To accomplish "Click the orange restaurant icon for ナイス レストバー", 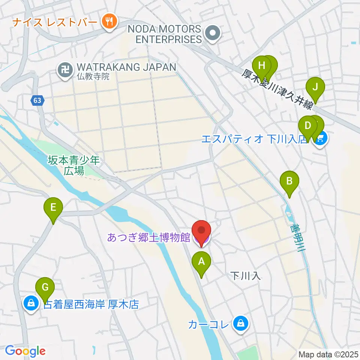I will pos(109,21).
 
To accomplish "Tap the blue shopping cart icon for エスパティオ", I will pos(320,139).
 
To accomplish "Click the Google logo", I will pos(25,351).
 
